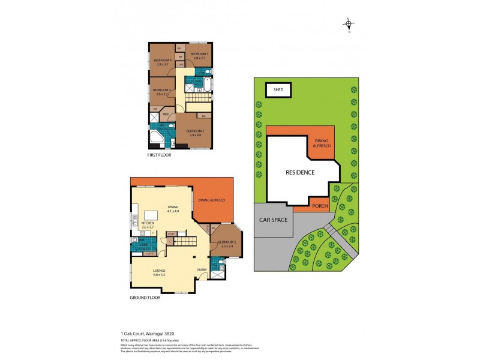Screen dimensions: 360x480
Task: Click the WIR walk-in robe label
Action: (165, 115)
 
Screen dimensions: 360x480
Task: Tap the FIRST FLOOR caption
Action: (159, 155)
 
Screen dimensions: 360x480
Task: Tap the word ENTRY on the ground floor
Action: (202, 270)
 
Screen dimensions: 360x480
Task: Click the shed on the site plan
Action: (278, 91)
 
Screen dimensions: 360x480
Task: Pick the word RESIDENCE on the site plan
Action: (299, 172)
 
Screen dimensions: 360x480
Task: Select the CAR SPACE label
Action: (273, 220)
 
